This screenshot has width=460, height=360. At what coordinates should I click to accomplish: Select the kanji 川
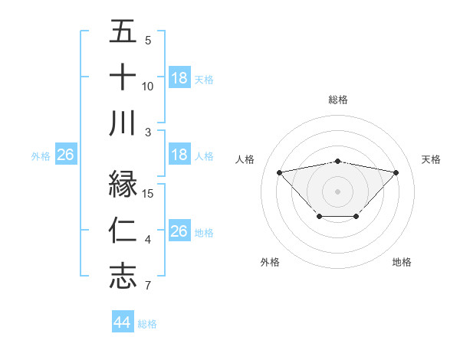pyautogui.click(x=123, y=123)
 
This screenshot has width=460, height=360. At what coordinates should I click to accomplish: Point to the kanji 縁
pyautogui.click(x=123, y=185)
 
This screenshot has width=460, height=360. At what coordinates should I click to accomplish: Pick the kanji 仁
pyautogui.click(x=123, y=231)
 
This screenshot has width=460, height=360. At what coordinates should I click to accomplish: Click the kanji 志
pyautogui.click(x=123, y=277)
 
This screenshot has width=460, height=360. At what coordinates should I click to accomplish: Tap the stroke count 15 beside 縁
pyautogui.click(x=149, y=194)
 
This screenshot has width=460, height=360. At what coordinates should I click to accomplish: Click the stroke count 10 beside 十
pyautogui.click(x=148, y=87)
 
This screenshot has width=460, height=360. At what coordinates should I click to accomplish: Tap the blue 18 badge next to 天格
pyautogui.click(x=179, y=78)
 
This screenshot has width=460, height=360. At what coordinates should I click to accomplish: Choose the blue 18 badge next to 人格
pyautogui.click(x=179, y=155)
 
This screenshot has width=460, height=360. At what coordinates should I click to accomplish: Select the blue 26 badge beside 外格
pyautogui.click(x=66, y=155)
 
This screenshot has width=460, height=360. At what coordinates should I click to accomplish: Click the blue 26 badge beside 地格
pyautogui.click(x=179, y=231)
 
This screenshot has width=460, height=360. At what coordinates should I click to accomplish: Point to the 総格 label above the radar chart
pyautogui.click(x=337, y=100)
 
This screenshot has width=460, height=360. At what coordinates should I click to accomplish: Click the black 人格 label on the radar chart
pyautogui.click(x=245, y=159)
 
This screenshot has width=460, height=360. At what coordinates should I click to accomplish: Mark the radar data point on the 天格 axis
pyautogui.click(x=396, y=172)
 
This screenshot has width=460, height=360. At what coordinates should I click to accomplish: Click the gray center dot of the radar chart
pyautogui.click(x=337, y=191)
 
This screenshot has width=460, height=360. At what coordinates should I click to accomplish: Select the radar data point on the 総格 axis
pyautogui.click(x=337, y=161)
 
